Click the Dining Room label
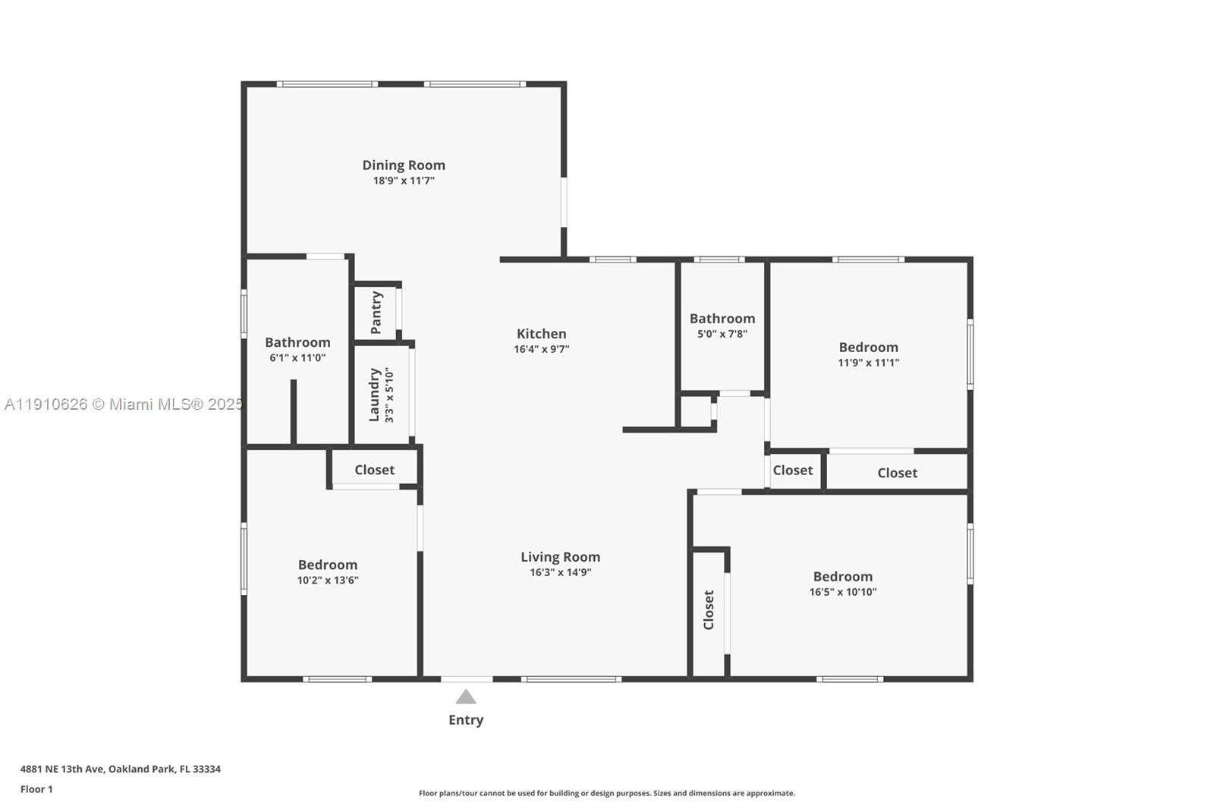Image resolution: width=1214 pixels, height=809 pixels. [x=403, y=165]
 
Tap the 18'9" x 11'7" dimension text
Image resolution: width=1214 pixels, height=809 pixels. [x=403, y=181]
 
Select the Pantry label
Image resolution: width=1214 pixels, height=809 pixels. [x=376, y=312]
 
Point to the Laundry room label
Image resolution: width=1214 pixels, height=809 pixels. [x=374, y=395]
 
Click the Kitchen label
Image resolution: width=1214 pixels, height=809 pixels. [x=541, y=333]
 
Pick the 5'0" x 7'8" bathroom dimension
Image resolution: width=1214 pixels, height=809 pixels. [x=722, y=334]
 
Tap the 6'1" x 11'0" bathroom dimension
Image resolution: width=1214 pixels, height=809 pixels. [x=297, y=358]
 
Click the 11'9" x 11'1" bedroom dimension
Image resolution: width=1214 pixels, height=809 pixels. [x=868, y=363]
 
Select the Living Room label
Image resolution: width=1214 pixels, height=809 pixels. [x=560, y=556]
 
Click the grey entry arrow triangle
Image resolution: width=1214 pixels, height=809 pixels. [x=466, y=697]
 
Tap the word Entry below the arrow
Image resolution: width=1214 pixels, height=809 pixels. [x=465, y=719]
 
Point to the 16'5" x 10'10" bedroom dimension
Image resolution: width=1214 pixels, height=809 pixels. [x=842, y=592]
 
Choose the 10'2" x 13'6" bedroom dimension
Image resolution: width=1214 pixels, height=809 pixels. [x=327, y=581]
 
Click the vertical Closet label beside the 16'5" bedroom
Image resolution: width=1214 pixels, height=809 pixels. [x=709, y=609]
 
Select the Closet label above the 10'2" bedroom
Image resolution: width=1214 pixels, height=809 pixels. [x=374, y=470]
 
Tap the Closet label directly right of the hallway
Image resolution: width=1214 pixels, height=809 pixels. [x=792, y=471]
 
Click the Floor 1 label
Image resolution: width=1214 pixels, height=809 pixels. [x=36, y=789]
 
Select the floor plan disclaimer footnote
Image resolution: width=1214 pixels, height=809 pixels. [x=606, y=793]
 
